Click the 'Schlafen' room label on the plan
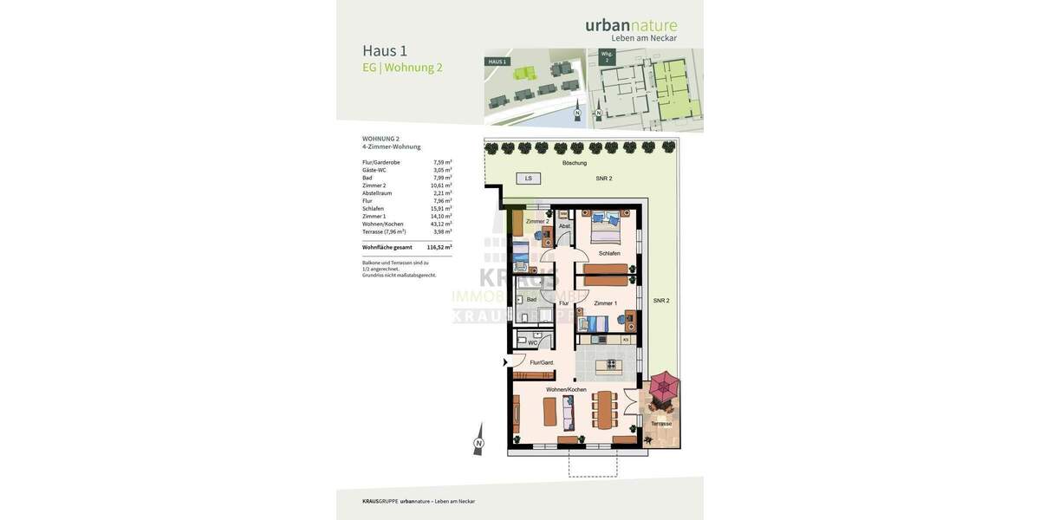[609, 253]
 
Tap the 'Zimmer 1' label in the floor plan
[606, 303]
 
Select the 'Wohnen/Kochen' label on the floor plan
[566, 390]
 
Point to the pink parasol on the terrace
[665, 387]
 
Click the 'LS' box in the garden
[528, 179]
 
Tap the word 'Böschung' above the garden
[574, 163]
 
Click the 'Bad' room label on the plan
[531, 299]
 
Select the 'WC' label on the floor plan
[532, 342]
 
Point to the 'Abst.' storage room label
[564, 226]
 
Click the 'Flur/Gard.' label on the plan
[542, 362]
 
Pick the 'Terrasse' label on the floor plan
[661, 424]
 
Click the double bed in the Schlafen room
[605, 229]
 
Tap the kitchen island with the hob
[608, 366]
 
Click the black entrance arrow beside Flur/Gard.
[506, 362]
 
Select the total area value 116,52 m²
[439, 247]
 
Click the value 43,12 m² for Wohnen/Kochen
[441, 224]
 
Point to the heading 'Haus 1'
[385, 50]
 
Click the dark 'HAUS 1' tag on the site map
[497, 62]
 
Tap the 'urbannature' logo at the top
[631, 25]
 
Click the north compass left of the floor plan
[478, 441]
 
